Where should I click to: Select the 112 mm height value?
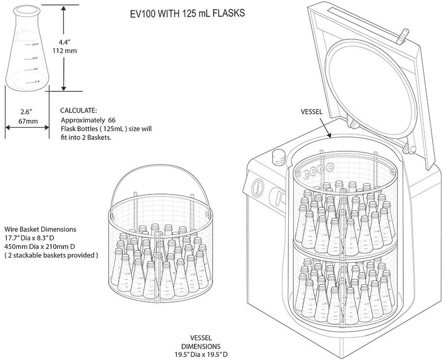coord(64,51)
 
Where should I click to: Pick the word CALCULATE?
coord(79,110)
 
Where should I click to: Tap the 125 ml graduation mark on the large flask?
coord(35,44)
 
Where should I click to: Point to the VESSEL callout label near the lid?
coord(311,111)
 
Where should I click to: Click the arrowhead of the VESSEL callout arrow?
coord(331,136)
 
